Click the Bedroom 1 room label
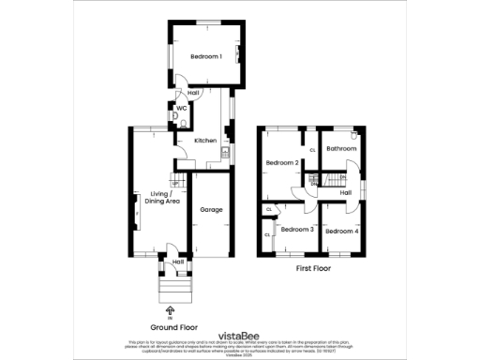click(x=206, y=57)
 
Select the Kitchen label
click(x=205, y=141)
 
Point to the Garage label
click(x=211, y=209)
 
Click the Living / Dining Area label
click(x=164, y=198)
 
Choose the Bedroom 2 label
click(x=282, y=163)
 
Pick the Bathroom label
click(x=341, y=149)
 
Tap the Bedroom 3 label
click(x=296, y=229)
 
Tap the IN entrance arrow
click(x=171, y=310)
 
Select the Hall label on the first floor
click(x=345, y=193)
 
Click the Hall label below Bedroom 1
click(x=193, y=93)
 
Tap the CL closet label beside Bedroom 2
click(x=311, y=150)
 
